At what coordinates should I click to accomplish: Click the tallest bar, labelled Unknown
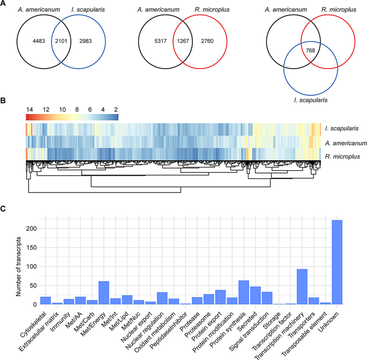tap(337, 262)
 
